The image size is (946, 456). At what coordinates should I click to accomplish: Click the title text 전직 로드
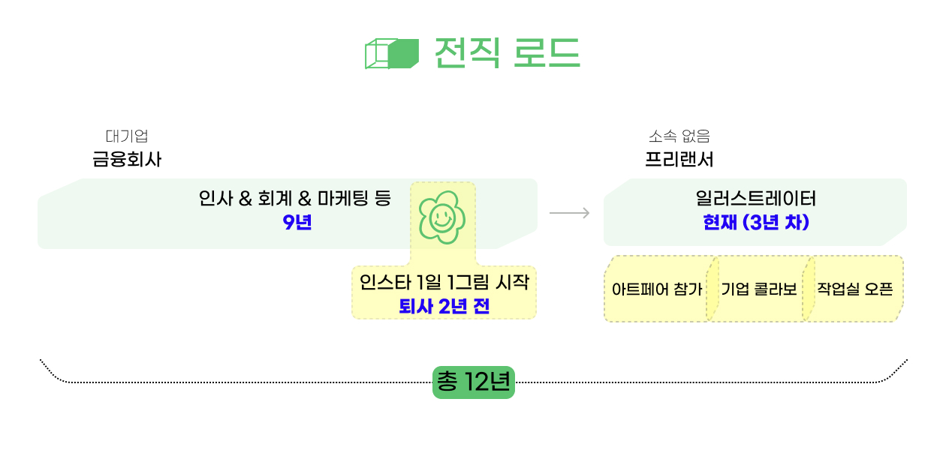(507, 52)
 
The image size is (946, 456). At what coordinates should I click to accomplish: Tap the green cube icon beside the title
(390, 53)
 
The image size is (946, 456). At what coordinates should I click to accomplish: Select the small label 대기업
(127, 136)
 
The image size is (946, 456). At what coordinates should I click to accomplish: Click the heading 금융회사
(127, 160)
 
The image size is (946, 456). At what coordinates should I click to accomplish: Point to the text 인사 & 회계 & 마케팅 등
(294, 199)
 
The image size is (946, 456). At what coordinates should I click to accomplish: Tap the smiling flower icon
(441, 217)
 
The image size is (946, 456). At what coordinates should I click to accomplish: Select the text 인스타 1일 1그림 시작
(444, 283)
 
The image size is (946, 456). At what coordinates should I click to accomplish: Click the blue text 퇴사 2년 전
(444, 306)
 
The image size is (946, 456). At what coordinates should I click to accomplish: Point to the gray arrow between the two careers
(570, 214)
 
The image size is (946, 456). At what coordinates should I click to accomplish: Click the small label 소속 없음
(679, 136)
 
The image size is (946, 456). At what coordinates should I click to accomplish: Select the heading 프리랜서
(679, 160)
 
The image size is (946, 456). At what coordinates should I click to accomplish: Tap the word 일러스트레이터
(755, 199)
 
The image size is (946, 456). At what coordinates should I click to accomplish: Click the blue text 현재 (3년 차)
(755, 223)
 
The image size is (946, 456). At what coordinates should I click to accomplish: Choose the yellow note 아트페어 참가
(657, 289)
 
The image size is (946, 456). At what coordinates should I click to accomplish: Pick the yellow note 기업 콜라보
(758, 289)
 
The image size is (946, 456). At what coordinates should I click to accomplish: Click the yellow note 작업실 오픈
(854, 289)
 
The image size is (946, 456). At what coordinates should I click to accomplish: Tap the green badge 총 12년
(473, 382)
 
